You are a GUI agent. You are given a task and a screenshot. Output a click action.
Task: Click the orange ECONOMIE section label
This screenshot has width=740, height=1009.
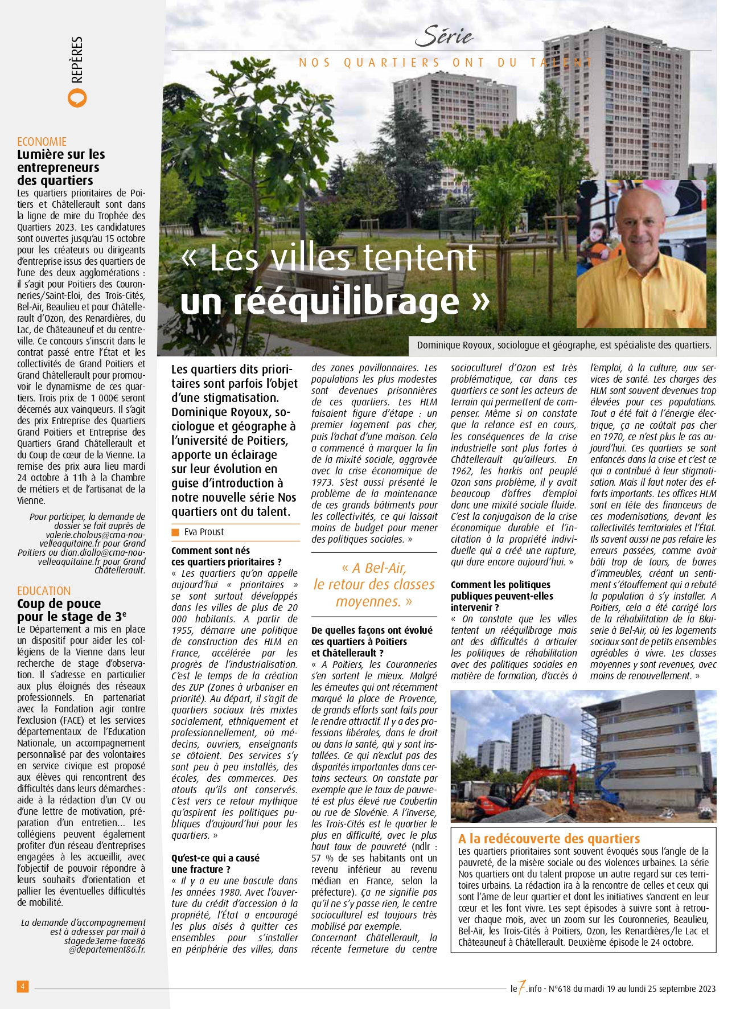pyautogui.click(x=42, y=142)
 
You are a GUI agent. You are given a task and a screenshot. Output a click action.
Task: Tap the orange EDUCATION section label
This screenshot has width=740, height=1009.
pyautogui.click(x=44, y=591)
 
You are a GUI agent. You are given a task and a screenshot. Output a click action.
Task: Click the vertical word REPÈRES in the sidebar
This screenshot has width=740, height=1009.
pyautogui.click(x=77, y=60)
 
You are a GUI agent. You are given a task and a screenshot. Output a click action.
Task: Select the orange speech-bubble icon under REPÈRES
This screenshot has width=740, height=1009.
pyautogui.click(x=77, y=98)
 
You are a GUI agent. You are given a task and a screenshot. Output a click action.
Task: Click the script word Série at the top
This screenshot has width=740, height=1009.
pyautogui.click(x=443, y=36)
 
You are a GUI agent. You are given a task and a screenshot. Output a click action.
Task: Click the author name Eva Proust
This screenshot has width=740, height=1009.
pyautogui.click(x=204, y=532)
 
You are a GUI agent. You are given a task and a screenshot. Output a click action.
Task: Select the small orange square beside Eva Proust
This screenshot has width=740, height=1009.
pyautogui.click(x=175, y=532)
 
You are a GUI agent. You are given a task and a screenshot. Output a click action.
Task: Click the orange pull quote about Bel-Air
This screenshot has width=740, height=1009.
pyautogui.click(x=374, y=584)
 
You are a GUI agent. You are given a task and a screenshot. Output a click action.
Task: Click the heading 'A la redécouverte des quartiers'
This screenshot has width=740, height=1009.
pyautogui.click(x=549, y=839)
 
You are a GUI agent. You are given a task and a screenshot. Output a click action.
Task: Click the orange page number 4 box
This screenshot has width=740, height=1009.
pyautogui.click(x=22, y=986)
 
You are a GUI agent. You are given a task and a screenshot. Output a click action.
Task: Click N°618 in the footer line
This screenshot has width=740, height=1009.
pyautogui.click(x=559, y=989)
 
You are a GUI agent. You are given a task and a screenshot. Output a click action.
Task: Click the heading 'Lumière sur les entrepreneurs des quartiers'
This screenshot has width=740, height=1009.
pyautogui.click(x=61, y=167)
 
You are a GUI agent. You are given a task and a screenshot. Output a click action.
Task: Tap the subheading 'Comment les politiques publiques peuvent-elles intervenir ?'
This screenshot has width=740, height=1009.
pyautogui.click(x=501, y=596)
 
